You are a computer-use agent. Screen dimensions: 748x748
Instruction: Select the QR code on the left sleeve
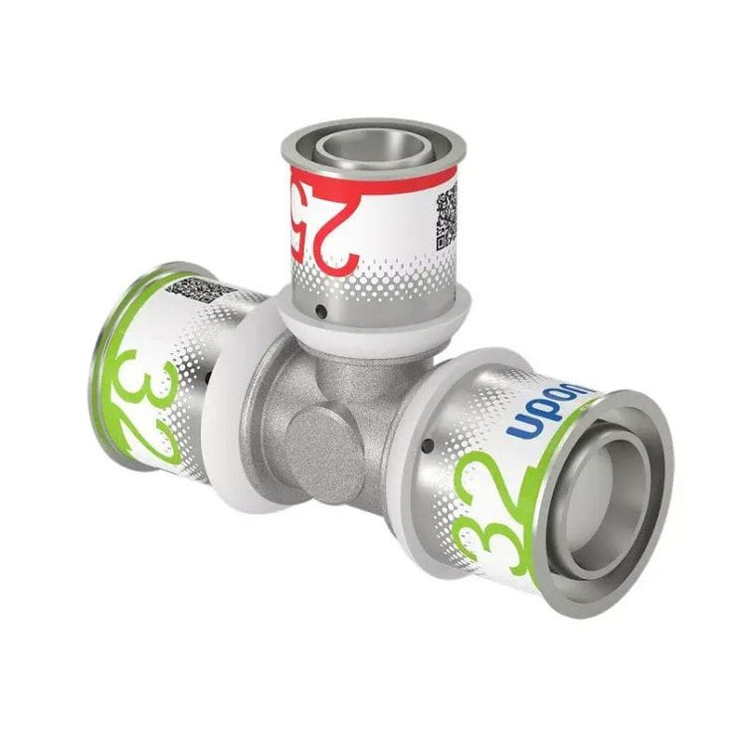click(198, 289)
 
